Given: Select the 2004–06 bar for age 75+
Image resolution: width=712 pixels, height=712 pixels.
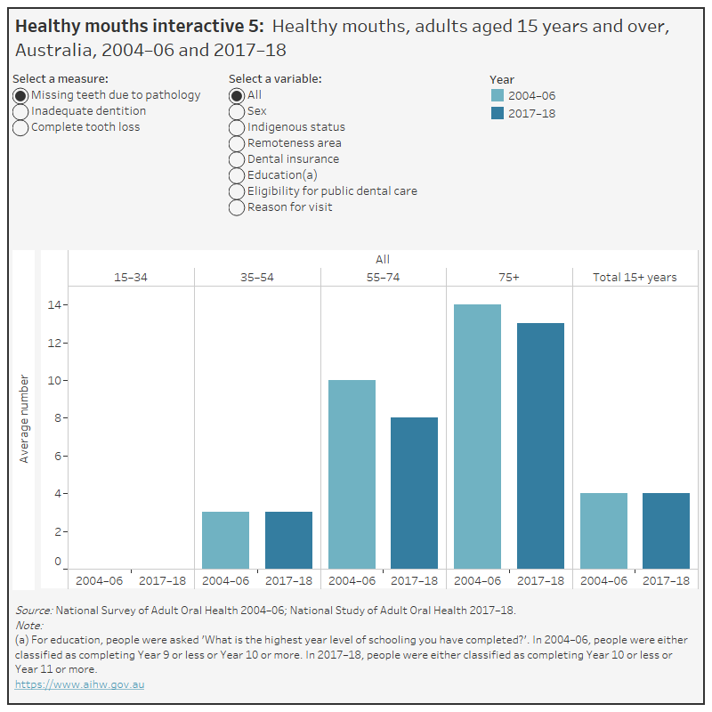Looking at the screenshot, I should pos(477,436).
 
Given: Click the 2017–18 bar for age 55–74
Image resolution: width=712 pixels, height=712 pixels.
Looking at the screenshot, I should pos(414,492).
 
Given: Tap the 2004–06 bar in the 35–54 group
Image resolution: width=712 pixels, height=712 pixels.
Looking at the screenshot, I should pos(225,539).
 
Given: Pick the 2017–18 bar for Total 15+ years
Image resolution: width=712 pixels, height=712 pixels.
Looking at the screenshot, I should pos(666,530).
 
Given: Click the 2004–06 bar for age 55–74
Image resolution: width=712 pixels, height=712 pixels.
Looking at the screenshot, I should pos(352,473).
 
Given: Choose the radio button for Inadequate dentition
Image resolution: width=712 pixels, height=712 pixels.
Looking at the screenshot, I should pos(20,111).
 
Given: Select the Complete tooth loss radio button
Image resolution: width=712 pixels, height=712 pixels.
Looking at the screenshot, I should pos(20,127).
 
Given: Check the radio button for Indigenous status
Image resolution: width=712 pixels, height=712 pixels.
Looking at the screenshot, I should pos(237,127).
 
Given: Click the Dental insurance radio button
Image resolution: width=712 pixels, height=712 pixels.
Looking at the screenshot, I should pos(237,159).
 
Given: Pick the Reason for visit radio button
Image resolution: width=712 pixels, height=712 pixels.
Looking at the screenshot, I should pos(237,207).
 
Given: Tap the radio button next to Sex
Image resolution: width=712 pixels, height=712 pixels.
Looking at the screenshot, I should pos(237,111).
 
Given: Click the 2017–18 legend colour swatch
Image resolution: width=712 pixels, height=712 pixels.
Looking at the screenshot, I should pos(498,113).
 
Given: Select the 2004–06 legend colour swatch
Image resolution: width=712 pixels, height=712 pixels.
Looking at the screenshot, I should pos(498,96).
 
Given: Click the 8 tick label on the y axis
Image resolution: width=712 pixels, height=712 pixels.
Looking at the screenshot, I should pos(57,418).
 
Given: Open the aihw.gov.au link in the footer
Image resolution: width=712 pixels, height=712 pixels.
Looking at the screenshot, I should pos(79,684).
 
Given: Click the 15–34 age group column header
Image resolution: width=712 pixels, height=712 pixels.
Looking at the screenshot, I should pos(131,277).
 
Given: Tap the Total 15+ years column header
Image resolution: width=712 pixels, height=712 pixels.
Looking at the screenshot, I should pos(635,277).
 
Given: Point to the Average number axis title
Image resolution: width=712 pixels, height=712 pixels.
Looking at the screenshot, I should pos(24,418).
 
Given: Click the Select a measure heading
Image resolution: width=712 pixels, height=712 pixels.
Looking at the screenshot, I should pos(61,79).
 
